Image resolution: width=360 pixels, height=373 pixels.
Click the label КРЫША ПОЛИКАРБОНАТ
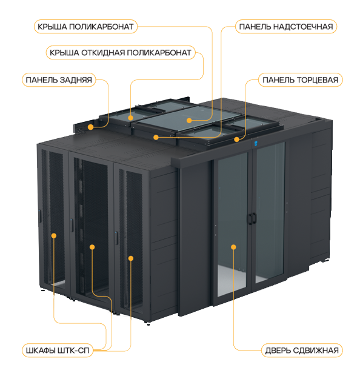[x=85, y=27]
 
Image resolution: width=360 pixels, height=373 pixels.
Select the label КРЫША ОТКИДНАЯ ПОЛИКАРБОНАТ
[x=121, y=53]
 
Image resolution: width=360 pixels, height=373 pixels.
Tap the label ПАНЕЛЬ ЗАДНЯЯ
[x=59, y=80]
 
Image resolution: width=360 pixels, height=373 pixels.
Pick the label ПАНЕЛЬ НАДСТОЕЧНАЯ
[x=286, y=27]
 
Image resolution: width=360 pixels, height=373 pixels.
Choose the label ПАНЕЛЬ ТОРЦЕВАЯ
[x=301, y=80]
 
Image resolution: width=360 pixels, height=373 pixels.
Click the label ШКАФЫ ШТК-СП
[x=58, y=351]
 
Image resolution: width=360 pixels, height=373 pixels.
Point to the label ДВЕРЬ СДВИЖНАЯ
[x=302, y=351]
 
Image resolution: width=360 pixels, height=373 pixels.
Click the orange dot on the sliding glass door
[x=233, y=247]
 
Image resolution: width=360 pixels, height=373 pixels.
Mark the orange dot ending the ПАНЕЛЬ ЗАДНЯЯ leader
[x=90, y=127]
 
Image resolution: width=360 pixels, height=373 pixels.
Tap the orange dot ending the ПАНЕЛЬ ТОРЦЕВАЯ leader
[x=236, y=139]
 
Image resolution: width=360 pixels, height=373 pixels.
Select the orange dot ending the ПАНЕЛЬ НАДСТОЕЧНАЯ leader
[x=156, y=137]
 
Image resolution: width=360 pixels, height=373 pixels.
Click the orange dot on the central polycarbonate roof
[x=189, y=121]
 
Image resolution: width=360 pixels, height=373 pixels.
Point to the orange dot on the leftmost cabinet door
[x=54, y=236]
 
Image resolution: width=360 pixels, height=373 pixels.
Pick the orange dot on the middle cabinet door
[x=92, y=247]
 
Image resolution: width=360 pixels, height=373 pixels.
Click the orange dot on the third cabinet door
[x=131, y=258]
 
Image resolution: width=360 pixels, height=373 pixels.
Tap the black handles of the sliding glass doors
[x=252, y=218]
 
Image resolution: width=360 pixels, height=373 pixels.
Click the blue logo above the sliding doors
[x=256, y=143]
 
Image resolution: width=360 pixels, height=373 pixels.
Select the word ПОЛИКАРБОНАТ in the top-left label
[x=101, y=27]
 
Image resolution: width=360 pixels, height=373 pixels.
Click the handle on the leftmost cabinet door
[x=40, y=217]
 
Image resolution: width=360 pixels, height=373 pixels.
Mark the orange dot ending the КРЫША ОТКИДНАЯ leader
[x=130, y=118]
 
